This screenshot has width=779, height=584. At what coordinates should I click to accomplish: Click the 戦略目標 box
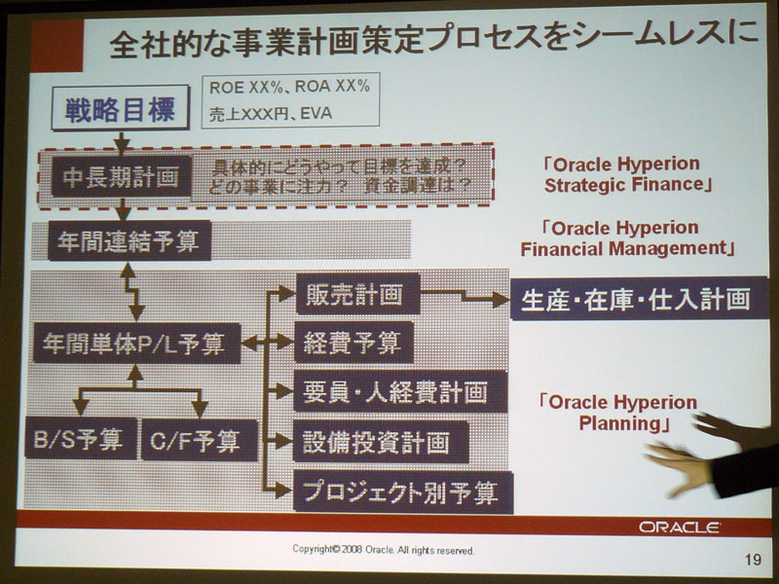[x=120, y=108]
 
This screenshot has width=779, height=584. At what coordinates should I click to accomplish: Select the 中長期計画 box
[x=121, y=177]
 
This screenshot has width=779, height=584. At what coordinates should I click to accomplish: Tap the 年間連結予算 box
[x=130, y=241]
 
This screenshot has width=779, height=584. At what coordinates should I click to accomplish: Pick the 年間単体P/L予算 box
[x=136, y=344]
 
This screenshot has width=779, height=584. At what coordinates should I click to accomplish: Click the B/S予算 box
[x=81, y=439]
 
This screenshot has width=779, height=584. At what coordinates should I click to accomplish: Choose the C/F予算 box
[x=200, y=440]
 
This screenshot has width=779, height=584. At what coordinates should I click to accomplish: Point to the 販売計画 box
[x=357, y=294]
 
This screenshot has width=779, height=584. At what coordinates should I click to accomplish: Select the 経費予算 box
[x=354, y=343]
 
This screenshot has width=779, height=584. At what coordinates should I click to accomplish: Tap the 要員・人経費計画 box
[x=400, y=391]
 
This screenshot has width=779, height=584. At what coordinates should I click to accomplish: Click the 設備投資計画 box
[x=381, y=442]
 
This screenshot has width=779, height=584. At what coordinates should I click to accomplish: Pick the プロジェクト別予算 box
[x=403, y=492]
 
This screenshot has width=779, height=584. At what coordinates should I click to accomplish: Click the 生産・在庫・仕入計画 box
[x=639, y=299]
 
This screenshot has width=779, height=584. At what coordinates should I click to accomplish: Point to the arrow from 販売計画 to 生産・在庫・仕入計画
[x=465, y=296]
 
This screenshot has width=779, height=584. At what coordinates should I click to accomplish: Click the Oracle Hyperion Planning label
[x=620, y=413]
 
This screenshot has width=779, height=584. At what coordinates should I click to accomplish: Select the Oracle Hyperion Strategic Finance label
[x=627, y=174]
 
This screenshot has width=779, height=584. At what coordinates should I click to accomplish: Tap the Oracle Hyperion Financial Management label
[x=627, y=238]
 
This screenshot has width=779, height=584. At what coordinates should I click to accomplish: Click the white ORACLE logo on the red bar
[x=679, y=527]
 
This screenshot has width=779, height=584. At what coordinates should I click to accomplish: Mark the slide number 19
[x=753, y=560]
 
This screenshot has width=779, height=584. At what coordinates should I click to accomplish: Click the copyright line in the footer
[x=383, y=550]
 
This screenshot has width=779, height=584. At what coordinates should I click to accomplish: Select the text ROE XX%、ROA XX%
[x=289, y=88]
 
